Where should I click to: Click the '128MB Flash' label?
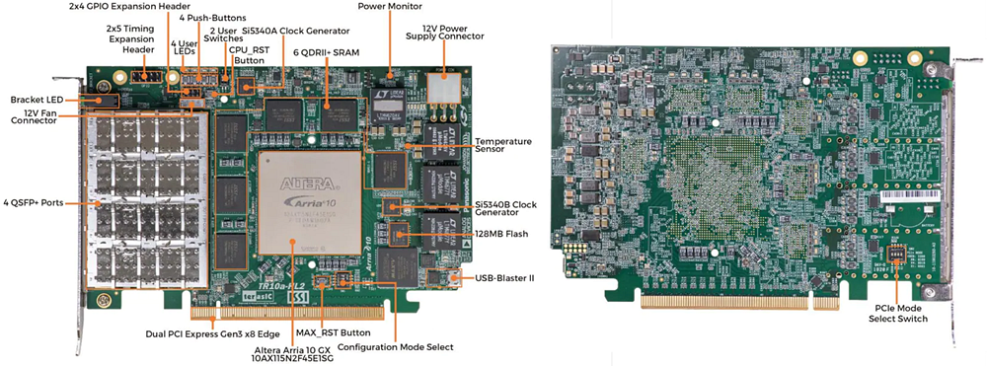point(502,233)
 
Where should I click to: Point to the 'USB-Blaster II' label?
point(504,279)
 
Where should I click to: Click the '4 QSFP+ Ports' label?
point(34,202)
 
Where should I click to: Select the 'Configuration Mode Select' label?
point(395,347)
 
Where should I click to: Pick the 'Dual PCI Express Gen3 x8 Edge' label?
point(209,332)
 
